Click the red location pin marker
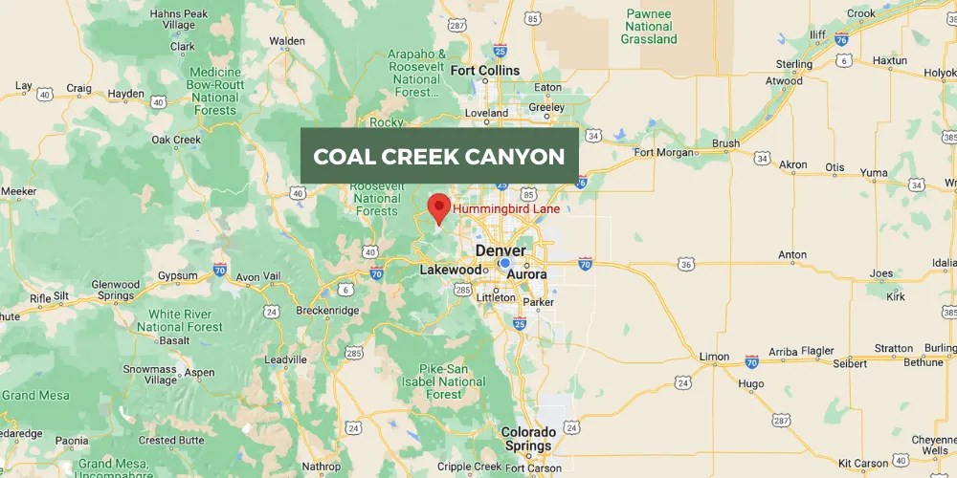438,207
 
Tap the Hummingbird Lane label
506,208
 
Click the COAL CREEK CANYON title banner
439,156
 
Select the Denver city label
501,250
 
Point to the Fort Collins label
485,71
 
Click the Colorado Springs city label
528,439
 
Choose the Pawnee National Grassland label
649,27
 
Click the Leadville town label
285,359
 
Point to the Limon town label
714,357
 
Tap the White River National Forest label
187,320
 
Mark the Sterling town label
794,64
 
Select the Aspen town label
199,372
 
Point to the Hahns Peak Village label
179,19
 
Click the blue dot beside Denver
504,263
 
